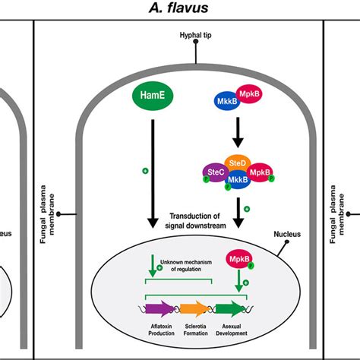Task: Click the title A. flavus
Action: [180, 10]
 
